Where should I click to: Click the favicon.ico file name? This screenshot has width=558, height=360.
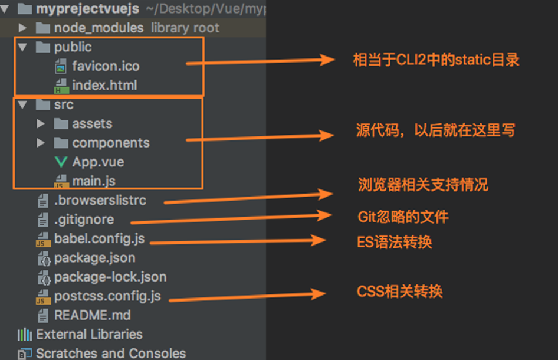(106, 66)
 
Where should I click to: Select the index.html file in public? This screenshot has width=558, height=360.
(104, 85)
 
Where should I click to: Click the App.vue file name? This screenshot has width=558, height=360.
(98, 162)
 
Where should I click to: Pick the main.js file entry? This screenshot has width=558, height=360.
(93, 181)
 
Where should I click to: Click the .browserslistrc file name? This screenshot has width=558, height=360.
(100, 200)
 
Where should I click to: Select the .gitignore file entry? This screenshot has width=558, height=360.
(84, 220)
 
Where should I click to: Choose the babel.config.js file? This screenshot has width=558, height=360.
(99, 238)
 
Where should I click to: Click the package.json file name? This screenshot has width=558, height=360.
(94, 258)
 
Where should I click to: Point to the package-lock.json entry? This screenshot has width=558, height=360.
(110, 277)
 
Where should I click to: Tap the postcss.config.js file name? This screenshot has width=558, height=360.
(107, 296)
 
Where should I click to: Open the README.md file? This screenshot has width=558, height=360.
(92, 315)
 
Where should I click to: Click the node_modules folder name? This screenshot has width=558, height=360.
(99, 28)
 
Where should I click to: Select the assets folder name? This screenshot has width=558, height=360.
(92, 123)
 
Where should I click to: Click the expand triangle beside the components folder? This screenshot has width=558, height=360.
(40, 143)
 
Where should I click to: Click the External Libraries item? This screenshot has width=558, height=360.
(89, 334)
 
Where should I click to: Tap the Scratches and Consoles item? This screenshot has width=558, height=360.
(111, 353)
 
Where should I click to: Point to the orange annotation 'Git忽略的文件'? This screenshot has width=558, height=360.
(403, 217)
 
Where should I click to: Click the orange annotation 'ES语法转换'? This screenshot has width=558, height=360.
(394, 242)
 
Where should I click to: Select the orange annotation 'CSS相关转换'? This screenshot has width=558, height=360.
(399, 291)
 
